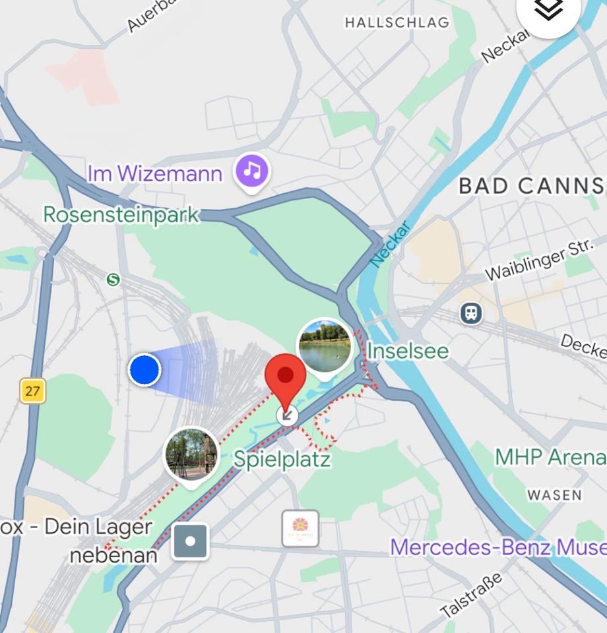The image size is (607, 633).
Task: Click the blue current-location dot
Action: [x=144, y=369]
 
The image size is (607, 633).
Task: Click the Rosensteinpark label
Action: [x=121, y=214]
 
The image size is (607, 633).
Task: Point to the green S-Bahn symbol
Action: [x=113, y=280]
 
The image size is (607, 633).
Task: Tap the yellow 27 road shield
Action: [x=32, y=391]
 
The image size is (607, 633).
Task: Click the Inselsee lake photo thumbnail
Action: [x=324, y=346]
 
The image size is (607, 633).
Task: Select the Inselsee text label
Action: [x=407, y=351]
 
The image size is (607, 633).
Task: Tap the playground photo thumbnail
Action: [x=191, y=454]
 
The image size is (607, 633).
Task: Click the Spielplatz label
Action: [x=282, y=459]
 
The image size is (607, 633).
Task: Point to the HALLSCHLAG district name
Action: [x=397, y=23]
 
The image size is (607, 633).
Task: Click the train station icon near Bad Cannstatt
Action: [x=471, y=313]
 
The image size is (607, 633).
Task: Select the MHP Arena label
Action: [x=550, y=456]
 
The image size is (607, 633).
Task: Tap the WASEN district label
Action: [x=554, y=495]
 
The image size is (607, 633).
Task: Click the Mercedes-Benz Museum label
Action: [x=498, y=547]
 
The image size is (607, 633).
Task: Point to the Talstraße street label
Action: [x=472, y=595]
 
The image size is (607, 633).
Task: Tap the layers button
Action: [x=548, y=9]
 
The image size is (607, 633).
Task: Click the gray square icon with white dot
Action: [x=191, y=541]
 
